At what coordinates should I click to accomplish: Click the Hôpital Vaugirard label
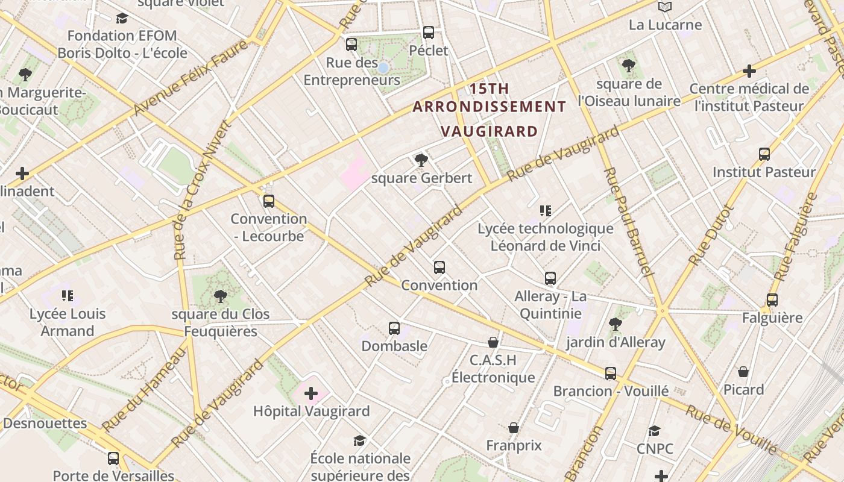tap(311, 412)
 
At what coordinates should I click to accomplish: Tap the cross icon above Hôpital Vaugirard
tap(311, 394)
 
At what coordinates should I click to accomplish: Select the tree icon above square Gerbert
tap(421, 160)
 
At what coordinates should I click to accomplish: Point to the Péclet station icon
tap(429, 33)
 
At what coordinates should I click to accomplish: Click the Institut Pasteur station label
tap(764, 172)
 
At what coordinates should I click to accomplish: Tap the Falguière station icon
tap(772, 299)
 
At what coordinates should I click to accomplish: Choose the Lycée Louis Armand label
tap(68, 322)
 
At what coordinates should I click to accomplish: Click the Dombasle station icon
tap(394, 328)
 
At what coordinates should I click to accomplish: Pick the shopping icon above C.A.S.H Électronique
tap(493, 342)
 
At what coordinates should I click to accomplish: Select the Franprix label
tap(514, 446)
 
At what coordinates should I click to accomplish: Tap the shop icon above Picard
tap(743, 372)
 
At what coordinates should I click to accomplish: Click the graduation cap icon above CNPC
tap(655, 431)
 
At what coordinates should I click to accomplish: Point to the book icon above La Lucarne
tap(665, 7)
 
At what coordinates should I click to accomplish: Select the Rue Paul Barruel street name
tap(628, 222)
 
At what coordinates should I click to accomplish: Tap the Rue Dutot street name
tap(711, 235)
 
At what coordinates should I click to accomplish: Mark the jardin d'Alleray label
tap(616, 343)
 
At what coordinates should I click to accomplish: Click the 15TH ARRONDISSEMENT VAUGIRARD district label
tap(489, 110)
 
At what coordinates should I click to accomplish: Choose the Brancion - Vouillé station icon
tap(611, 374)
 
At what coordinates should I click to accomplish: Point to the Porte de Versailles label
tap(113, 475)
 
